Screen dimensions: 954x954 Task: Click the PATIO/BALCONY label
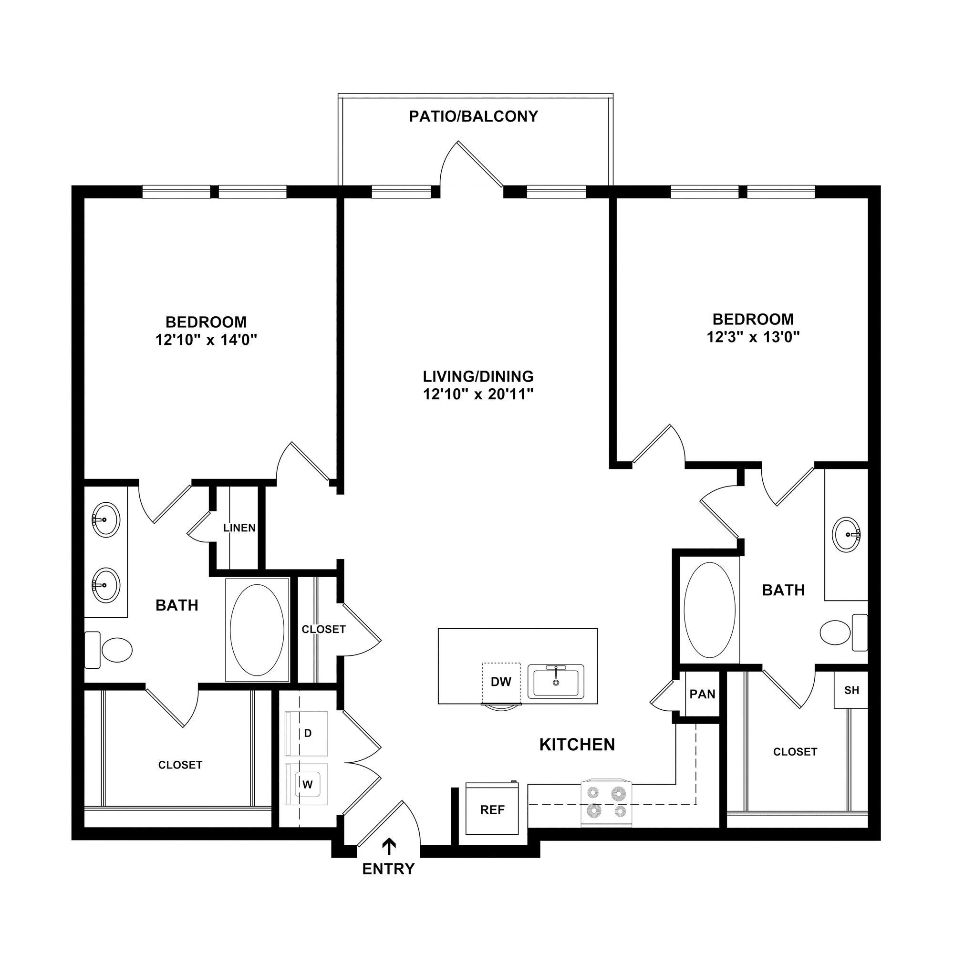click(x=473, y=116)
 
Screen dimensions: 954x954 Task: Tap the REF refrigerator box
click(x=492, y=810)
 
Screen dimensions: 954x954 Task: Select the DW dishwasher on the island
click(x=501, y=682)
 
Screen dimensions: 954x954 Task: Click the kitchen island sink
click(x=556, y=682)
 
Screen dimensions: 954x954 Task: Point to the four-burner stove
click(x=606, y=803)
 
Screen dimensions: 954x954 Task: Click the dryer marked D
click(x=307, y=733)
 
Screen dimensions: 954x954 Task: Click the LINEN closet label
click(x=239, y=528)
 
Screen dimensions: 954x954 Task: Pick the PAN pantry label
click(x=702, y=694)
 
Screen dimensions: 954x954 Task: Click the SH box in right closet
click(x=851, y=690)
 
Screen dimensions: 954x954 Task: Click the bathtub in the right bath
click(x=709, y=611)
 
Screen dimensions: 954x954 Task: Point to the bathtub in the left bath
click(x=257, y=630)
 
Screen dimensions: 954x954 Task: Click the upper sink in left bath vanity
click(x=106, y=519)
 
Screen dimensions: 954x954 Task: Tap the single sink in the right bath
click(x=846, y=534)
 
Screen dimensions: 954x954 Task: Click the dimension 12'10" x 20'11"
click(x=478, y=394)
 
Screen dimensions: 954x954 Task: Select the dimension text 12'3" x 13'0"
click(x=753, y=337)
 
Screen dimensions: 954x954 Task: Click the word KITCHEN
click(x=577, y=745)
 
